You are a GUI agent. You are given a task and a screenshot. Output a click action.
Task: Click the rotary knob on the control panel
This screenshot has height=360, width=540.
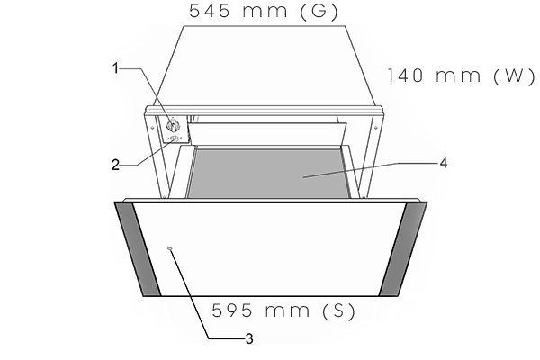tap(173, 126)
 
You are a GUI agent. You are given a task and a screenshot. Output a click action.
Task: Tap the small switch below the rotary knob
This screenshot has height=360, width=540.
tap(175, 139)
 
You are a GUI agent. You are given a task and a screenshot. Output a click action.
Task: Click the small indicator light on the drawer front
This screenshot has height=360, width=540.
tap(170, 248)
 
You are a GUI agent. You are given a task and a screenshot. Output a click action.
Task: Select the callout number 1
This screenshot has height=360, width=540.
tap(116, 68)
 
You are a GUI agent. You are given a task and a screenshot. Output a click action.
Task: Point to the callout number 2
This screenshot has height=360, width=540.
tap(115, 166)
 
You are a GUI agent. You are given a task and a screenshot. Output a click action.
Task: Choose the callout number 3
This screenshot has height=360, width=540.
tap(249, 339)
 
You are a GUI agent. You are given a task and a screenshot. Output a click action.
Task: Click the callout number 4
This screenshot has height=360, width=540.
tap(444, 163)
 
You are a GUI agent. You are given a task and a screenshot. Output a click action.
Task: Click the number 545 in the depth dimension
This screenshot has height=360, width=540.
tap(210, 11)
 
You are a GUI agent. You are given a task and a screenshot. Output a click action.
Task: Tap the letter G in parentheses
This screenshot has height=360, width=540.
tap(319, 12)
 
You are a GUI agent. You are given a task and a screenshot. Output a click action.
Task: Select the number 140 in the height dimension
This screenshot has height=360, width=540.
tap(405, 76)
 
